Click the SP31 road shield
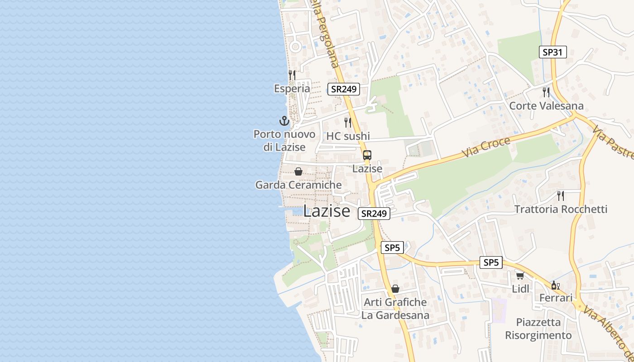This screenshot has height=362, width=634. [553, 52]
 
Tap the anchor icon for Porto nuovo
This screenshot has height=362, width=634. [284, 121]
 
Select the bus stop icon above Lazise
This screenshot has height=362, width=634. [367, 155]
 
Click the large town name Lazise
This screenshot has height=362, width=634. [327, 211]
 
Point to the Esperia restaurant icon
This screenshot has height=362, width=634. [292, 75]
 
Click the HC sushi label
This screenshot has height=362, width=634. [348, 136]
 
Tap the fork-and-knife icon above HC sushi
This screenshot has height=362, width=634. [348, 122]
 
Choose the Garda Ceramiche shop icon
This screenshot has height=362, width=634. [298, 171]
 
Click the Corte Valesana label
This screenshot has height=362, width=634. [546, 106]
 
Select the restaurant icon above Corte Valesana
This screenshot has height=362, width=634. [546, 92]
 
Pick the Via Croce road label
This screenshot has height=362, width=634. [486, 148]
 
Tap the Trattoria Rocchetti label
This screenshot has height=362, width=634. [561, 209]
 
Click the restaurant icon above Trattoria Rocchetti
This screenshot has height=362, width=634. [561, 195]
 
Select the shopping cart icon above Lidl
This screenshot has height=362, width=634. [520, 275]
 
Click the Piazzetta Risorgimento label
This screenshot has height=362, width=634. [538, 329]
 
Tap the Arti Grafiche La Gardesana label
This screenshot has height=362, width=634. [395, 309]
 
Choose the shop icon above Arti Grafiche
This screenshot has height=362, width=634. [395, 288]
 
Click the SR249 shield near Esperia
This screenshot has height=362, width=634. [344, 89]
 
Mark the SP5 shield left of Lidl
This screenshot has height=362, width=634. [491, 262]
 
